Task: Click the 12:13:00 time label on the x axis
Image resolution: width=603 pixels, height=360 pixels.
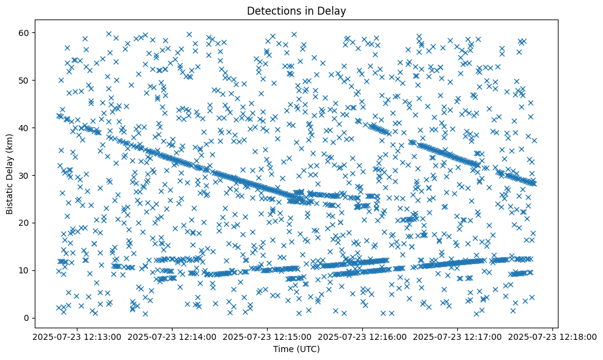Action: (x=77, y=337)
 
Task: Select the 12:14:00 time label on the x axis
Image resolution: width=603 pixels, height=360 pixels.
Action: (x=172, y=337)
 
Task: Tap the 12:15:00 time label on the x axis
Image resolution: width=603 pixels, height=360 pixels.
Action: (x=267, y=337)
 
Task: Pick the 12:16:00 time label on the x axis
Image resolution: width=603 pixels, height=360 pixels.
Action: (x=363, y=337)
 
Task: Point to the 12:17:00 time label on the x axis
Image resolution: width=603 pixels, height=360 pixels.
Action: (x=458, y=337)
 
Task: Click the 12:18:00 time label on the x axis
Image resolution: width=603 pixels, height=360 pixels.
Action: (x=553, y=337)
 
